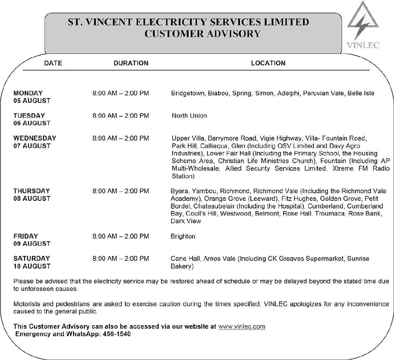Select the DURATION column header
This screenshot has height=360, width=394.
pos(131,63)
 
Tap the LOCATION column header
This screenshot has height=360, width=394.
pos(268,63)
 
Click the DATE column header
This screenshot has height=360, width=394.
pos(53,63)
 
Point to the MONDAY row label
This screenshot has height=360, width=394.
pos(28,93)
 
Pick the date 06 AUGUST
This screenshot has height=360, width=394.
pos(32,123)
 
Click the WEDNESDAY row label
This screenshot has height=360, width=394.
pos(35,138)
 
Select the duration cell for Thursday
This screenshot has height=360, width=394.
pos(121,191)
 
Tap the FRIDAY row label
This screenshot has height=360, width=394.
pos(25,236)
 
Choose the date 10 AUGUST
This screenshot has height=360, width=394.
pos(32,266)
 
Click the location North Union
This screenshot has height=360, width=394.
pos(189,116)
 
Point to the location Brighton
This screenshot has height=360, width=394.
pos(183,236)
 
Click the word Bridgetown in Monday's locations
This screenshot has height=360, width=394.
pos(188,93)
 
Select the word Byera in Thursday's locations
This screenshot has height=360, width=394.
pos(179,191)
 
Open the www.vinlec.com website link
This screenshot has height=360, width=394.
pos(241,326)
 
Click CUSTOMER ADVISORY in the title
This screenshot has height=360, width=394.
pos(202,34)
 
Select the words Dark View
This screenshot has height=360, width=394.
pos(186,221)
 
